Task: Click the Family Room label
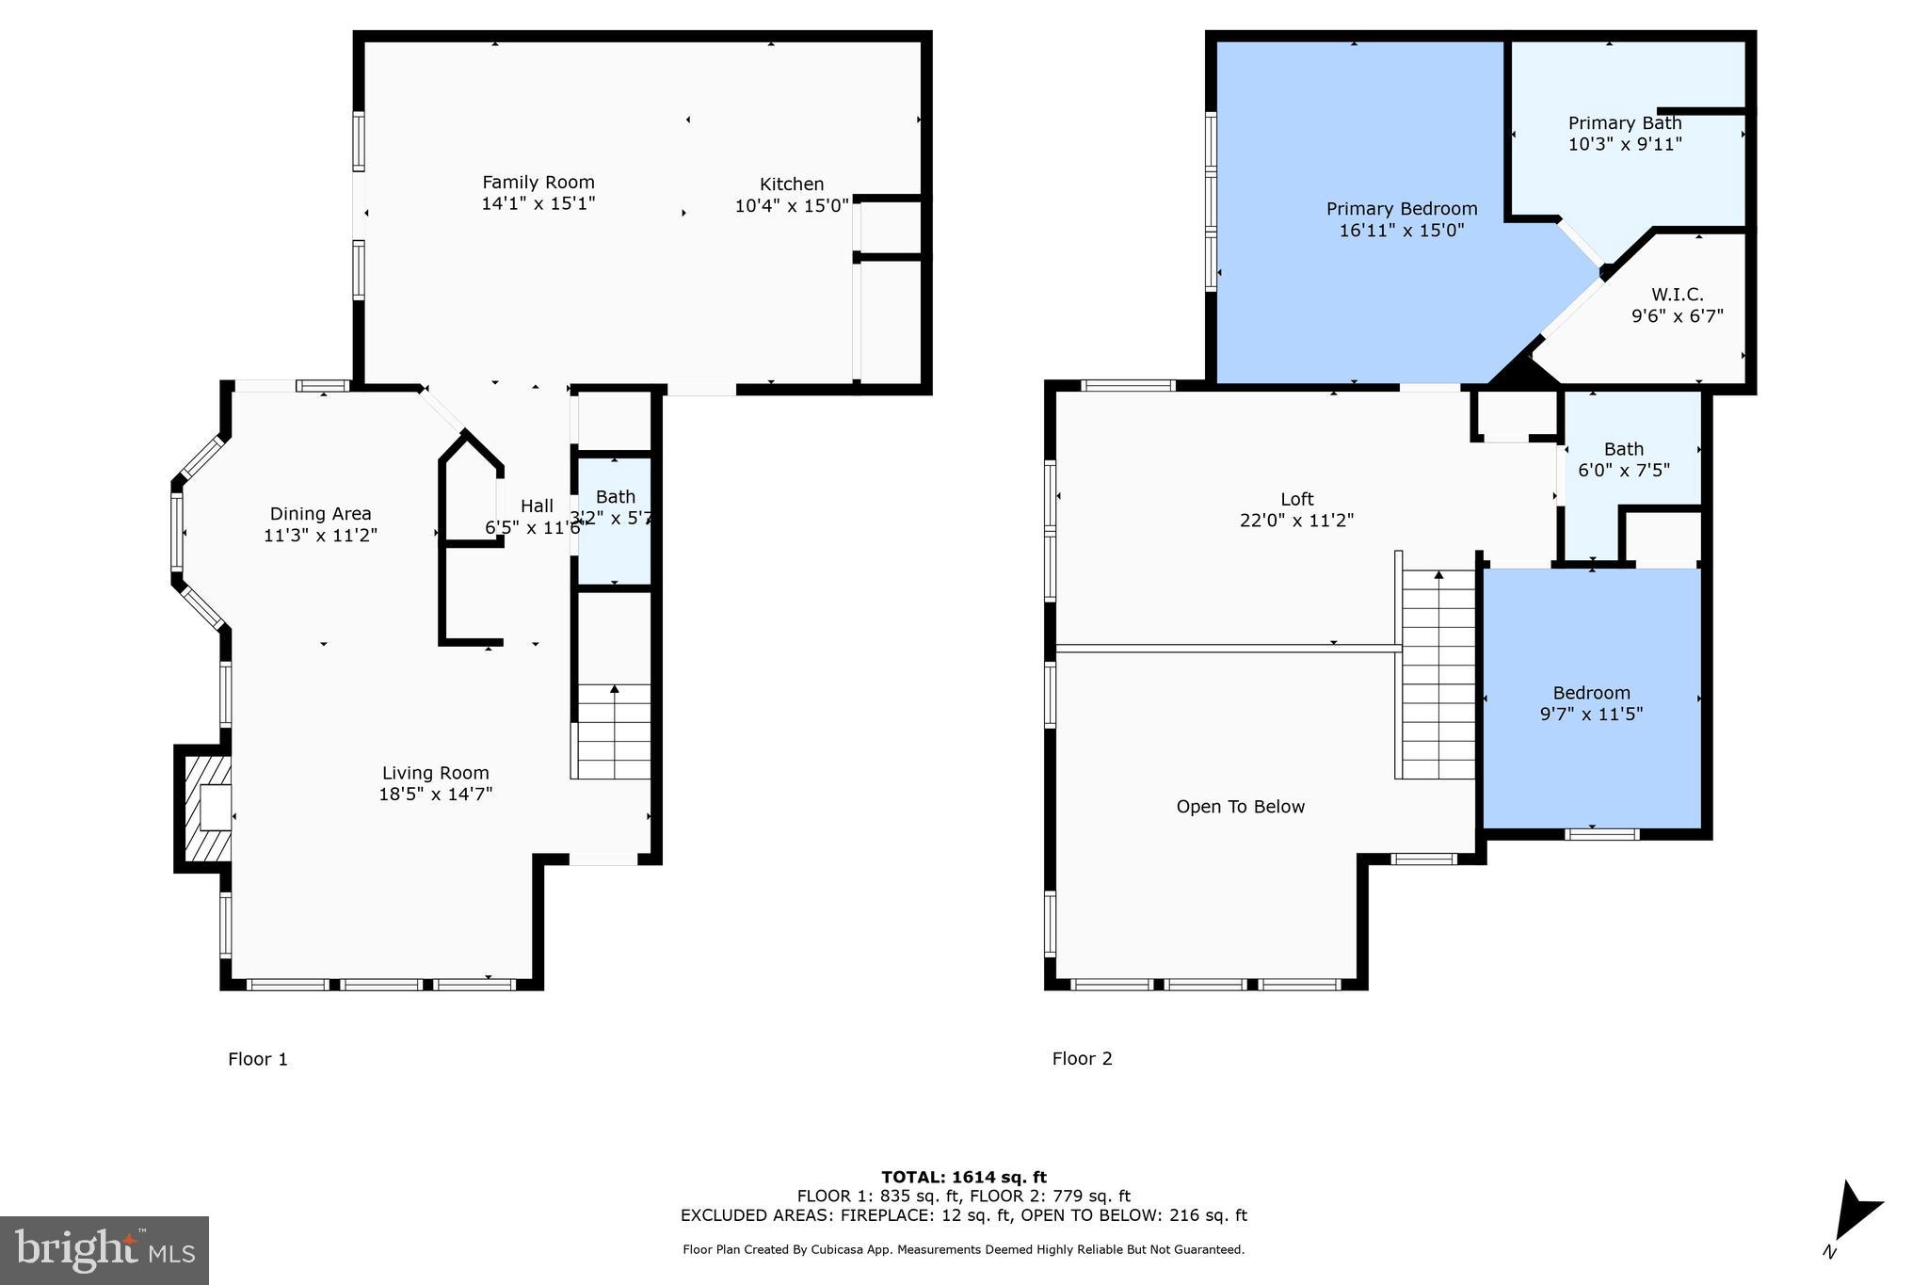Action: [538, 183]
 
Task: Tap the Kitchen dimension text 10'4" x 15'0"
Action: [791, 205]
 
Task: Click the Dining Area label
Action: [320, 514]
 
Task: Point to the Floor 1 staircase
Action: [613, 731]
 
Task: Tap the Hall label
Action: [537, 506]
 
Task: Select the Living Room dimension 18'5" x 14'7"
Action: [435, 795]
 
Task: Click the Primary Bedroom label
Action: [1401, 209]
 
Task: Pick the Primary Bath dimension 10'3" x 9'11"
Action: [1624, 145]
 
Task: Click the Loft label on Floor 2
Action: [1296, 500]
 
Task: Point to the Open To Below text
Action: [1240, 807]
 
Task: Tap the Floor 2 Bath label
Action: [1623, 450]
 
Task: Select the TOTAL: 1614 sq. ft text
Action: [963, 1177]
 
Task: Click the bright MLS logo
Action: [104, 1249]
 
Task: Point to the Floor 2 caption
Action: [1082, 1059]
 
